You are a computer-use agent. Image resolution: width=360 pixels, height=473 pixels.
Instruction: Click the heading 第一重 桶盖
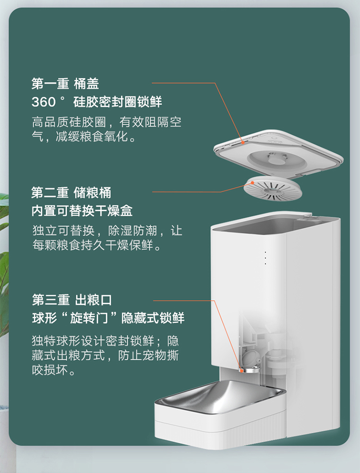[65, 84]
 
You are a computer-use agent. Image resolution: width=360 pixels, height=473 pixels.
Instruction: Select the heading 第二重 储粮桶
[71, 193]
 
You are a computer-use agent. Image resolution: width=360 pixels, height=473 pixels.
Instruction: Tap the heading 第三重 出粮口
[72, 301]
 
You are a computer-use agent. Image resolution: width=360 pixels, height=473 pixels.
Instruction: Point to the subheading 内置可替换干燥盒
[82, 211]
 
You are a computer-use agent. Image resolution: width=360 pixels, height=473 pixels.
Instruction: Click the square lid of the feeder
[278, 151]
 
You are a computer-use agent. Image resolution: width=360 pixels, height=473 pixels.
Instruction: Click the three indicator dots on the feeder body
[265, 258]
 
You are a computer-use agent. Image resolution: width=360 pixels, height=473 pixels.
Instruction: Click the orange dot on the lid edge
[243, 142]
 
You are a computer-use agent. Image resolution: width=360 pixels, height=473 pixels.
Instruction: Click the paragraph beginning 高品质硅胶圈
[107, 129]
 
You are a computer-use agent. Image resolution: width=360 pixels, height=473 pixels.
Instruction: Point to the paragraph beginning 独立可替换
[107, 238]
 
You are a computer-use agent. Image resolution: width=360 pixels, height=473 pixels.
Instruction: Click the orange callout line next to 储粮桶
[187, 192]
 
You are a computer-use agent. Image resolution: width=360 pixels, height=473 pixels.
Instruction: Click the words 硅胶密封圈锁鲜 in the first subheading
[118, 102]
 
